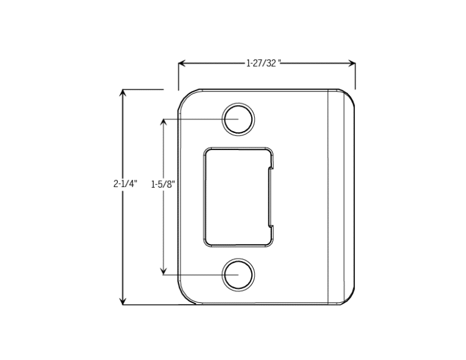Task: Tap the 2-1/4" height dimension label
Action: [126, 183]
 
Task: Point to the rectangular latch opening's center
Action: [237, 197]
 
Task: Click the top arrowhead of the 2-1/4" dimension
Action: [123, 93]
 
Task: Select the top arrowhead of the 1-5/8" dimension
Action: [163, 122]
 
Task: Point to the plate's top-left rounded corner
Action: [184, 95]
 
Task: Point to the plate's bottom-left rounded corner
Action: [184, 298]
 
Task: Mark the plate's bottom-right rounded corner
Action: [350, 299]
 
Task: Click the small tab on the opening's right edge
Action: [271, 197]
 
